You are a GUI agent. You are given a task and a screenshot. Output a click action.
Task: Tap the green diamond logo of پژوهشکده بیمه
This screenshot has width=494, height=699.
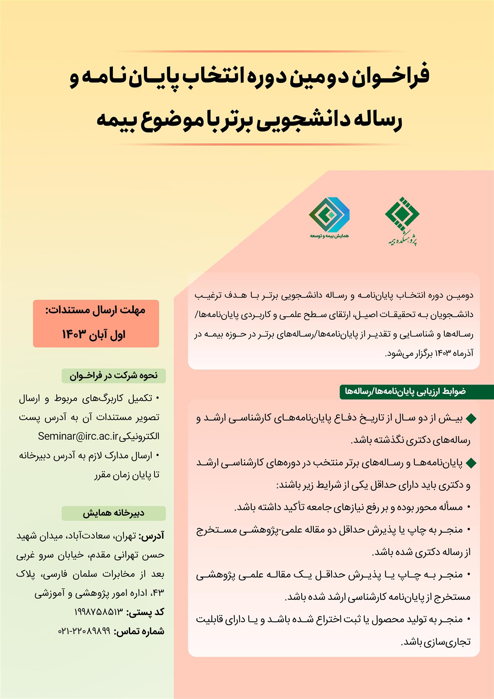(x=402, y=214)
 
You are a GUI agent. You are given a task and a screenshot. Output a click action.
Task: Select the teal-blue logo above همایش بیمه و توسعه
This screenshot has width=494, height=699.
(x=329, y=214)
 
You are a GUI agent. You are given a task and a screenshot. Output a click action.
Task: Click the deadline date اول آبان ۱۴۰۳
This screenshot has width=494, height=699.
(x=94, y=334)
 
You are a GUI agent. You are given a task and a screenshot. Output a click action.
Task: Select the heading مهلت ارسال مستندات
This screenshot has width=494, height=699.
(x=95, y=310)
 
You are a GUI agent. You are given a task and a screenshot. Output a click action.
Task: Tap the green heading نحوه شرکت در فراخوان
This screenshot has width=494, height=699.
(x=114, y=376)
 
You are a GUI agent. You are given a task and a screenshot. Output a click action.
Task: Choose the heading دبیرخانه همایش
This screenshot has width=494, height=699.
(x=114, y=513)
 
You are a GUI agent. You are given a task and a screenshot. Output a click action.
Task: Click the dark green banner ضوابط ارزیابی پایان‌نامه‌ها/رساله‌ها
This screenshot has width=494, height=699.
(x=406, y=391)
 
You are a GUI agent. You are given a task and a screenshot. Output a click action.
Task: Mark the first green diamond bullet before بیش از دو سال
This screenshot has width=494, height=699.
(x=471, y=418)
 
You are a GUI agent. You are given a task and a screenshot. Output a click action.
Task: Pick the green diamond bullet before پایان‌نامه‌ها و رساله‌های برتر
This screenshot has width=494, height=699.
(x=471, y=463)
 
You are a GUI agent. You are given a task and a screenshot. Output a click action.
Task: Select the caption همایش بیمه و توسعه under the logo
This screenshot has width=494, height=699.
(x=329, y=236)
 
